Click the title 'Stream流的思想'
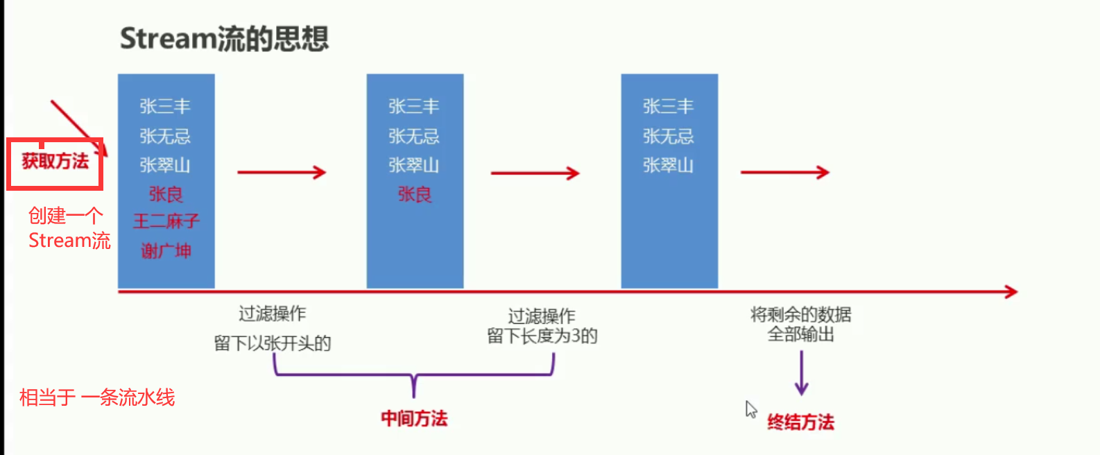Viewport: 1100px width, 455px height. click(x=224, y=39)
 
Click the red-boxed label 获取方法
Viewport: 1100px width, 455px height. click(x=55, y=162)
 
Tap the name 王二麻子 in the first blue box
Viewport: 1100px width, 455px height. click(x=166, y=221)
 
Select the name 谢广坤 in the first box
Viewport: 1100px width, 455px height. click(x=166, y=250)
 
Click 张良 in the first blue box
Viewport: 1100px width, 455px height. click(x=166, y=194)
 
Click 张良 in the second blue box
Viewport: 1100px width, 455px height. click(x=415, y=194)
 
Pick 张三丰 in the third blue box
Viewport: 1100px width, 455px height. click(x=668, y=106)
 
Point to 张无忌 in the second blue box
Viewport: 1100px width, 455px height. click(x=414, y=136)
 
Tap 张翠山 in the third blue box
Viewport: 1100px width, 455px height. click(x=668, y=165)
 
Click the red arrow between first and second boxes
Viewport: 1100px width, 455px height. click(x=281, y=172)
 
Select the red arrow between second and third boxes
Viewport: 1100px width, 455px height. click(x=535, y=173)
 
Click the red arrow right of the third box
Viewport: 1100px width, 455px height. click(x=784, y=172)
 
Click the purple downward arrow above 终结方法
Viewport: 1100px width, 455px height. click(x=801, y=372)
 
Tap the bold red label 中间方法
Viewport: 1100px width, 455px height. click(x=414, y=418)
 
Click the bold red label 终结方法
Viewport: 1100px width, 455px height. click(x=800, y=422)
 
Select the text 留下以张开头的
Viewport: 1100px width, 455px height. click(x=273, y=343)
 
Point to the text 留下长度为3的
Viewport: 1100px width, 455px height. click(x=542, y=336)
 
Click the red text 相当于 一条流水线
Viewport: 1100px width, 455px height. click(x=97, y=397)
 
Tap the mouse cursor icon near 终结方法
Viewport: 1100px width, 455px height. click(x=750, y=409)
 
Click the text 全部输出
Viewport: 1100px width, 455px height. click(x=800, y=334)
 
